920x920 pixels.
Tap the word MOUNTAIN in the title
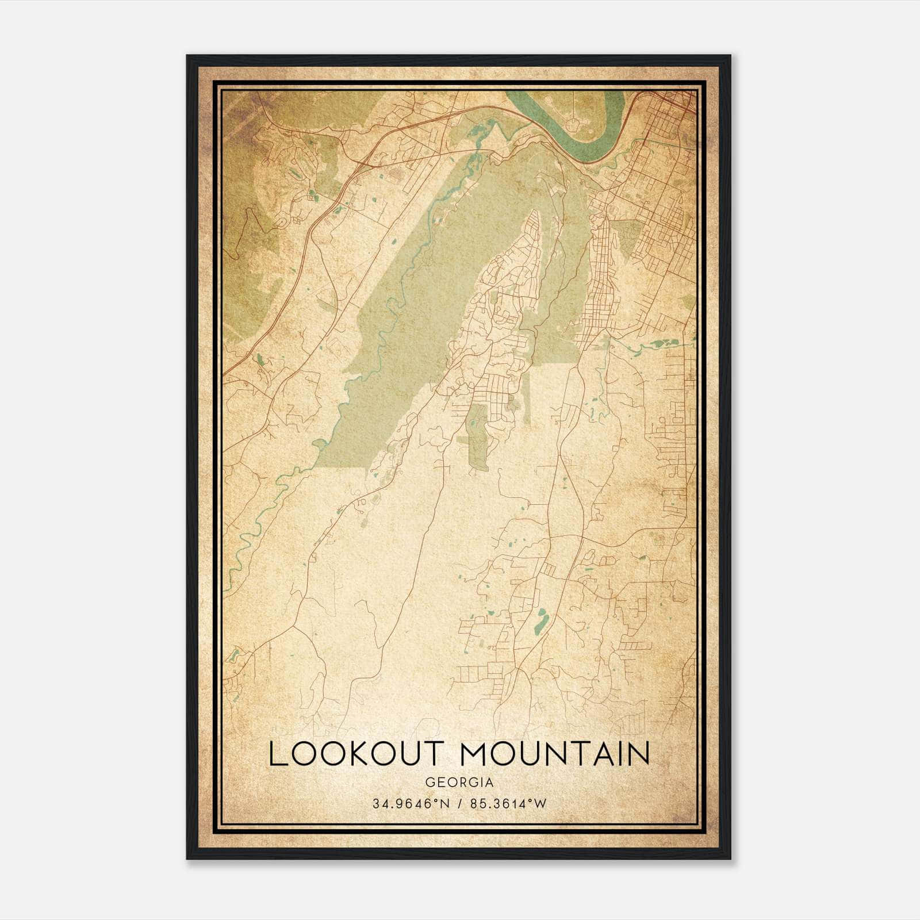[555, 754]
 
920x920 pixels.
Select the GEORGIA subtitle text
[459, 783]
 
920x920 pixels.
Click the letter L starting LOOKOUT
[277, 754]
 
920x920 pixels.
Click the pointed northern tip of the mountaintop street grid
[535, 212]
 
